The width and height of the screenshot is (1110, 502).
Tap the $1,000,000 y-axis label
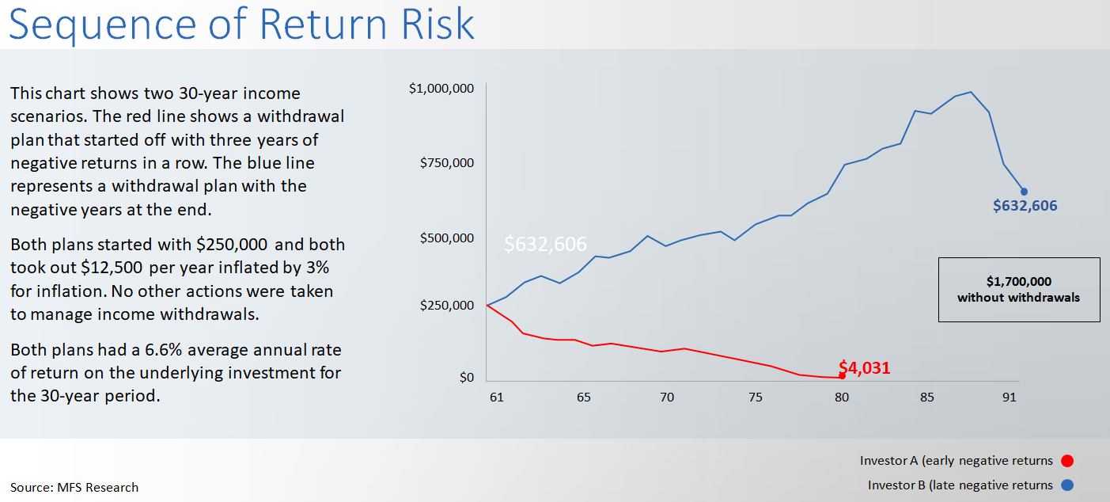click(441, 88)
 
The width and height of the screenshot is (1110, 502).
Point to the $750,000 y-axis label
click(445, 162)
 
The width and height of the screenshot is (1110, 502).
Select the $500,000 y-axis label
click(445, 238)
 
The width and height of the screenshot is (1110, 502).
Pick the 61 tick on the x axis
click(496, 397)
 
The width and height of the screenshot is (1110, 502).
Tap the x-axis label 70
click(667, 397)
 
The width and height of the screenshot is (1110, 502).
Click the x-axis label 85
click(926, 397)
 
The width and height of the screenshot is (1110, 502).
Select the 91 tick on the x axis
click(1009, 397)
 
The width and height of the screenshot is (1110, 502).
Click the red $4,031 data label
click(865, 367)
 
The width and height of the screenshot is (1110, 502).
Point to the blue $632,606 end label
click(1025, 206)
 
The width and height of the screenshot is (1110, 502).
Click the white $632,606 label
click(545, 244)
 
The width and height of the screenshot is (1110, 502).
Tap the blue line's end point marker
click(1024, 191)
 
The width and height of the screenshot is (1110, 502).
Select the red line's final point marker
click(842, 375)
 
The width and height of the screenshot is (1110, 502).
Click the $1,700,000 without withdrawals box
click(1018, 289)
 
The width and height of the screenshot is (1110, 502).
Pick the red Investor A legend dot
click(1067, 461)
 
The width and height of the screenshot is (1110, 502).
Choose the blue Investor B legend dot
click(1067, 485)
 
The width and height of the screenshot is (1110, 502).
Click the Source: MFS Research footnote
click(74, 487)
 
